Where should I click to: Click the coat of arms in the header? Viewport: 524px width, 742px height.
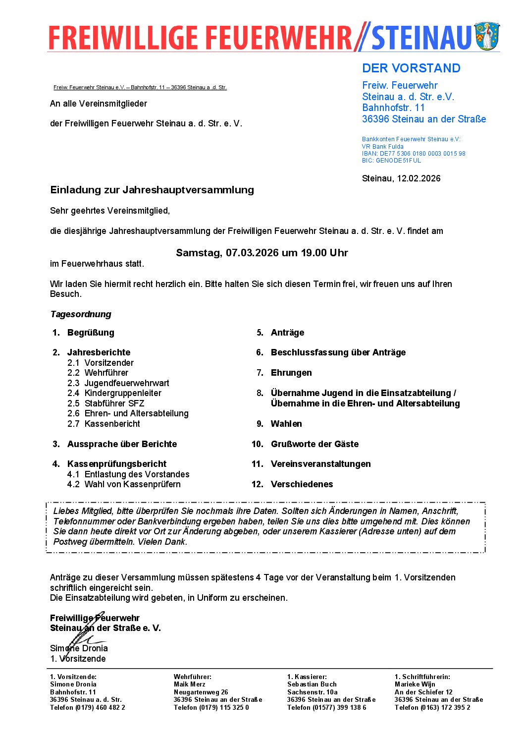coord(487,36)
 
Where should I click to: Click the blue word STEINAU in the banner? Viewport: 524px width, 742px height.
coord(421,38)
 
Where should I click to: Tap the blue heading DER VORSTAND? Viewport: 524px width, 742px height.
coord(411,68)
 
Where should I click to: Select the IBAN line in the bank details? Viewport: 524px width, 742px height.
coord(414,154)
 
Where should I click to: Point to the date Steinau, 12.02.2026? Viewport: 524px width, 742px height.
coord(401,178)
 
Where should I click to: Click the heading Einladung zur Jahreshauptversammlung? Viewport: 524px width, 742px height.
coord(152,190)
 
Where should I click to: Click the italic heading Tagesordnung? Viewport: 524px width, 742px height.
coord(81,314)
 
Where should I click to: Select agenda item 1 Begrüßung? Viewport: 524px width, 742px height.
coord(91,333)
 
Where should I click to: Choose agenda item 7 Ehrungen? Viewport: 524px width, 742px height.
coord(291,373)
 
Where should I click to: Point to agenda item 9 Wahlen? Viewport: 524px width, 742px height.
coord(286,424)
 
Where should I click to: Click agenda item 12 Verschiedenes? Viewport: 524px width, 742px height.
coord(302,484)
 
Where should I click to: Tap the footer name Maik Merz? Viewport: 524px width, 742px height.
coord(189,685)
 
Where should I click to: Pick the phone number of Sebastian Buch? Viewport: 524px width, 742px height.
coord(327,707)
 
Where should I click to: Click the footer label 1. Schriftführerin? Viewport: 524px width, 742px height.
coord(422,677)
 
